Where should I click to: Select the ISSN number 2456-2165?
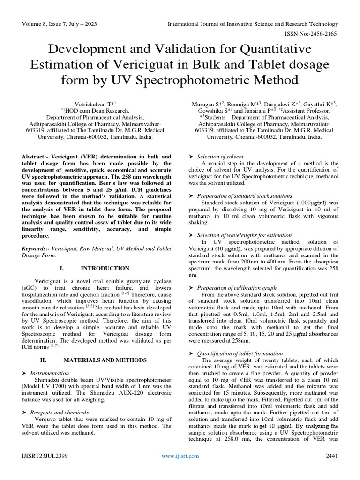click(320, 33)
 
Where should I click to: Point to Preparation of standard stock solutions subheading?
click(245, 195)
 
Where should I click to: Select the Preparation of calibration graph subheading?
click(237, 288)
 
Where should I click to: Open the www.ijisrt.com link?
click(180, 455)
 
